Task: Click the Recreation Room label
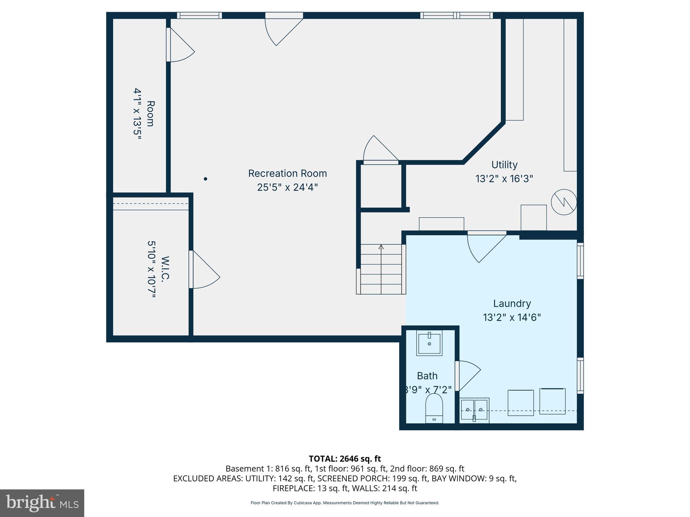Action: [x=287, y=173]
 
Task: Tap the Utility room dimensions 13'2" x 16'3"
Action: [x=504, y=179]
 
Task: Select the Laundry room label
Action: [x=512, y=304]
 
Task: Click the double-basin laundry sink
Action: [x=474, y=409]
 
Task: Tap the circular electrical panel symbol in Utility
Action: [x=564, y=202]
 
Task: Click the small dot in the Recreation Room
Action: [x=206, y=179]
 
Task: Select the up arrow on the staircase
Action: [x=381, y=247]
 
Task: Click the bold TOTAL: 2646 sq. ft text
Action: [x=345, y=459]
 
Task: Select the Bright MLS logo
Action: [x=42, y=503]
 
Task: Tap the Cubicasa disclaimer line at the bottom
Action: [x=345, y=503]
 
